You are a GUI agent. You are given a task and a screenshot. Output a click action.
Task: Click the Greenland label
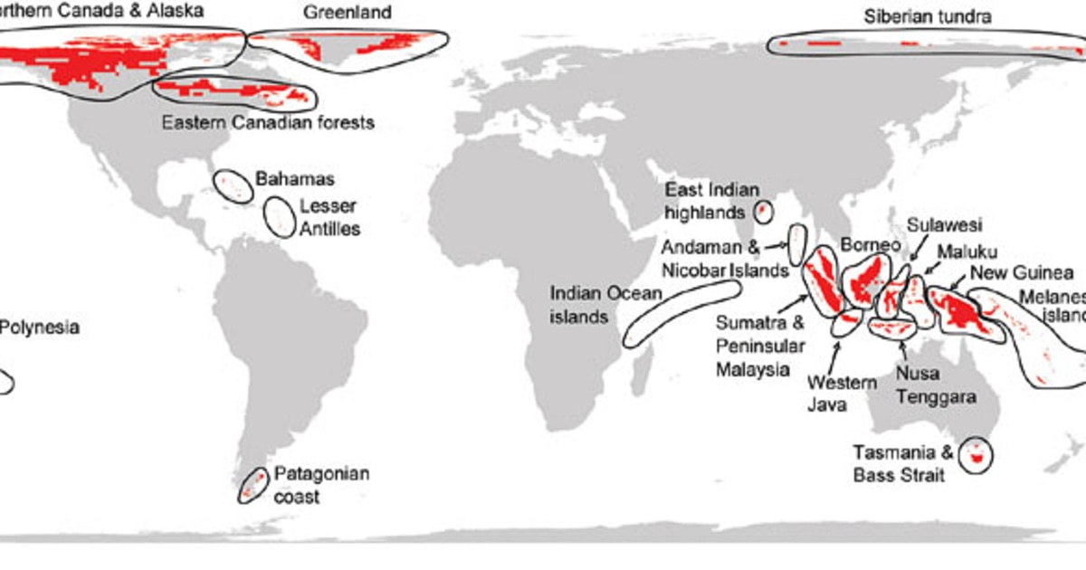(x=347, y=13)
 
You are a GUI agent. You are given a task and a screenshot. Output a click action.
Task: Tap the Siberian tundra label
(x=928, y=16)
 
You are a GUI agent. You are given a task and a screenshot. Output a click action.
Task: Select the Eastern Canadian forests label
(x=267, y=121)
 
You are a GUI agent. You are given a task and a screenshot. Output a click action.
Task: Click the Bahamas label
(x=295, y=179)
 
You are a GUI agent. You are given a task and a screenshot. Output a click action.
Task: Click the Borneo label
(x=871, y=244)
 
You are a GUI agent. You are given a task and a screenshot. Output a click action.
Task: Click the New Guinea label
(x=1022, y=272)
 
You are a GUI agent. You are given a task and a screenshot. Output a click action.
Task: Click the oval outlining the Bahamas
(x=233, y=185)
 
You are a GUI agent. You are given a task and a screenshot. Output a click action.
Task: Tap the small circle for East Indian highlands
(x=762, y=212)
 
